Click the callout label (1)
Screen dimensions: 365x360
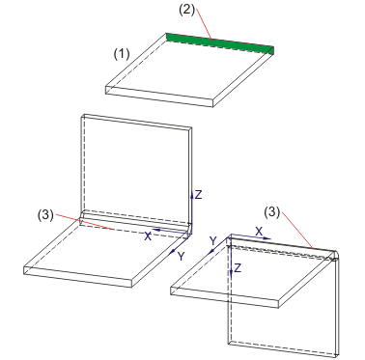(x=122, y=54)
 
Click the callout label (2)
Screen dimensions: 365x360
(x=187, y=10)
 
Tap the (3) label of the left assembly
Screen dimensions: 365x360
(x=45, y=215)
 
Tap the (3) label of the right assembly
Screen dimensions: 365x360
(x=272, y=212)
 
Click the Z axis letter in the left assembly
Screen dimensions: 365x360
(x=199, y=195)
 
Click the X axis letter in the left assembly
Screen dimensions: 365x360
(x=148, y=236)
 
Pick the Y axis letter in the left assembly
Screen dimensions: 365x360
(x=182, y=257)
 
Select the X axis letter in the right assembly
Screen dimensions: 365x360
(x=259, y=231)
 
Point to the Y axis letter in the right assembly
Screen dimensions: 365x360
(x=212, y=240)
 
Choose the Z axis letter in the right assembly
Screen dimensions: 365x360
(x=238, y=268)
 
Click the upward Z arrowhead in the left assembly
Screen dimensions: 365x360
(x=191, y=194)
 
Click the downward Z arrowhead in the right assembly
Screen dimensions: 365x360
(x=231, y=272)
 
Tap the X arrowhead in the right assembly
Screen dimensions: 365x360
(x=267, y=238)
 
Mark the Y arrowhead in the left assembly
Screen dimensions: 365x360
(x=173, y=251)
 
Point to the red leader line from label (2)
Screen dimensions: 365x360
(x=205, y=25)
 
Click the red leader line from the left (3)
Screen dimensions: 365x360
(x=84, y=221)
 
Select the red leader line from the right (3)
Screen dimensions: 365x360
(x=297, y=230)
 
